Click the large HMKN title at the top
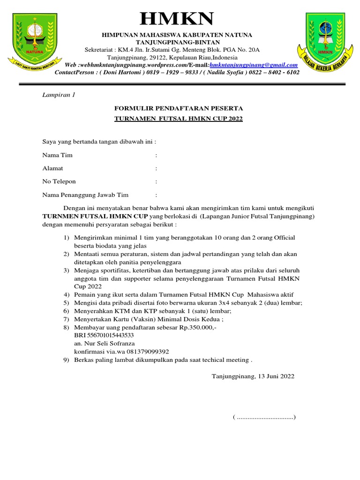tap(177, 19)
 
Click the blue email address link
tap(254, 65)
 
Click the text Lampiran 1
tap(59, 95)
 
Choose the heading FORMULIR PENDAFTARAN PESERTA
tap(179, 108)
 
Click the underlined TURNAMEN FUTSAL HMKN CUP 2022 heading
tap(179, 119)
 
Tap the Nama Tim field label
tap(58, 155)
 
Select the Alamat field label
tap(52, 168)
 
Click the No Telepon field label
tap(59, 181)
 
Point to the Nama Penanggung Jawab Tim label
tap(85, 195)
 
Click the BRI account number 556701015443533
tap(104, 336)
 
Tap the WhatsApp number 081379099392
tap(145, 352)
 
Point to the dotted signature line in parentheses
tap(264, 417)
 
